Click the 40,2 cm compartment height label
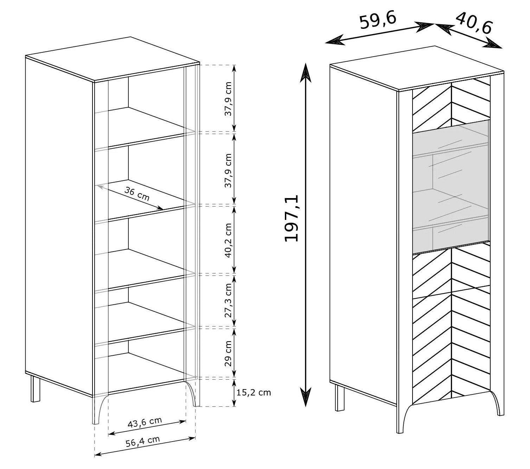coord(228,240)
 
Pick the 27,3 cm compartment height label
coord(228,300)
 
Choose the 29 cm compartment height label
coord(228,354)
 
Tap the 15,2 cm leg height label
coord(254,392)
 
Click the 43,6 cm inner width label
coord(145,422)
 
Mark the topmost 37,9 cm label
coord(228,99)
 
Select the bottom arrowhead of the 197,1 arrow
coord(306,397)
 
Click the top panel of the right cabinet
coord(417,68)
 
